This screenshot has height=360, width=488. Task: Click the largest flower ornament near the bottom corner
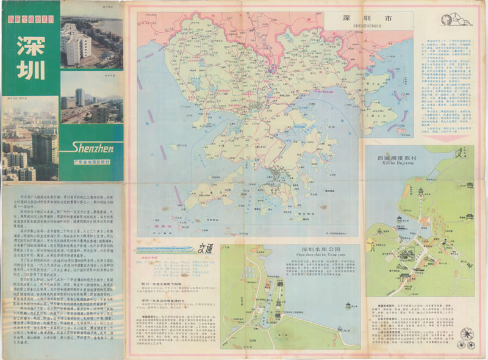coord(467,334)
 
